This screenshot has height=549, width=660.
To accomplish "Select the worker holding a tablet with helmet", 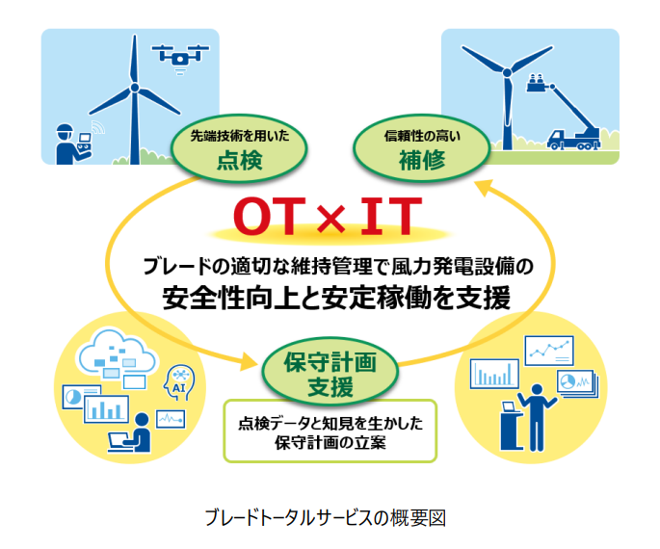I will point(66,144).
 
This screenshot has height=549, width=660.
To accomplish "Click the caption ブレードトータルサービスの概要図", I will point(326,517).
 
